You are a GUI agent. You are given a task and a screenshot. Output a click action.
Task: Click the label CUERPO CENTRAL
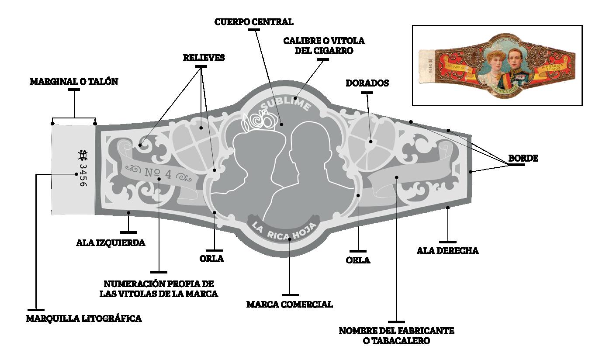[x=254, y=21]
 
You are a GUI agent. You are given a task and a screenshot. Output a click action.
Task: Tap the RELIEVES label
[x=204, y=58]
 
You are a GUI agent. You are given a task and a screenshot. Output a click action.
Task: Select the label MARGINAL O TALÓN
[x=74, y=81]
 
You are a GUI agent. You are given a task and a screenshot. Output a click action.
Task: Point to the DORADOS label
[x=367, y=83]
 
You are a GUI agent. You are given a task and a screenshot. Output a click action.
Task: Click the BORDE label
[x=523, y=159]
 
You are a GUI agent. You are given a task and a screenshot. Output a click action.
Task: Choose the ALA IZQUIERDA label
[x=111, y=242]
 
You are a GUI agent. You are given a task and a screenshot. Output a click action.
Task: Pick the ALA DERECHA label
[x=447, y=251]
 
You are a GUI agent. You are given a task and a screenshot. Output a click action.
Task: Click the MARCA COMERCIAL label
[x=289, y=304]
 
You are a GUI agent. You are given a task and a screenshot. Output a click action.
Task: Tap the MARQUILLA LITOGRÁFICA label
[x=84, y=318]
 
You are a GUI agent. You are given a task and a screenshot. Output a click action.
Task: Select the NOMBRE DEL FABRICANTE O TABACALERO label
[x=396, y=336]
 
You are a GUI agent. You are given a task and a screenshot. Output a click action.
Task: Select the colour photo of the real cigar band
[x=497, y=66]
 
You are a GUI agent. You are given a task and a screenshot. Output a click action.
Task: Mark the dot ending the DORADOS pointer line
[x=371, y=142]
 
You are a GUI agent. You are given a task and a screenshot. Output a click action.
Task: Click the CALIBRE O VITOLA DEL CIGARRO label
[x=324, y=45]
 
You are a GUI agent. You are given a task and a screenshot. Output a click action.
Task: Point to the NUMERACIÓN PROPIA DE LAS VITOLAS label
[x=159, y=288]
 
